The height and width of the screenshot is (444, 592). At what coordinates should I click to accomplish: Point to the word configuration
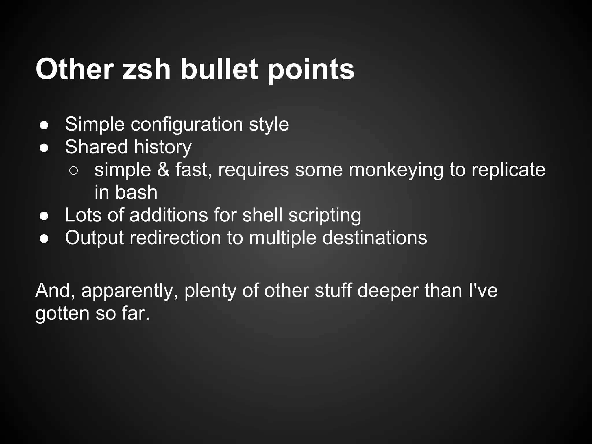(x=187, y=125)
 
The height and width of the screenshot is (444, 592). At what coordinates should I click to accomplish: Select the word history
(x=163, y=147)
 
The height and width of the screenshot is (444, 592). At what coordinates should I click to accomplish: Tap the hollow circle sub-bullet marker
(x=74, y=171)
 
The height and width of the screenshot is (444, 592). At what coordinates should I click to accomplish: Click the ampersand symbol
(x=163, y=170)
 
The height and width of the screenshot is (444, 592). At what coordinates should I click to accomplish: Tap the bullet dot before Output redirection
(x=44, y=239)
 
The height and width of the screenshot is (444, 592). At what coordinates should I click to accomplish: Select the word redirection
(x=175, y=238)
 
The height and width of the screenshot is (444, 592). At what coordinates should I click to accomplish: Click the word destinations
(x=374, y=238)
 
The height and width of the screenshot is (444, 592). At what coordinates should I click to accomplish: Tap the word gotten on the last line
(x=62, y=314)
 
